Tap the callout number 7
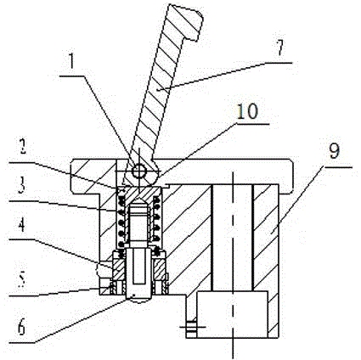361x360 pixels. click(279, 48)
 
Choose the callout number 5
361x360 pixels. click(23, 278)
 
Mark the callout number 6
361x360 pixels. click(22, 328)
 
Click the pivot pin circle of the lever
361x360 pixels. click(139, 171)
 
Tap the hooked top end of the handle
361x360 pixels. click(185, 21)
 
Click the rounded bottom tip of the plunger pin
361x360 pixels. click(138, 299)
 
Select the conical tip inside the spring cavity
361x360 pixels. click(138, 202)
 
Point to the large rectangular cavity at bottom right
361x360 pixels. click(232, 314)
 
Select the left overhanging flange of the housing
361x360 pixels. click(86, 177)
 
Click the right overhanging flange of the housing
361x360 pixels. click(287, 175)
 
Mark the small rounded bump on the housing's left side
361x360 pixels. click(98, 270)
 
